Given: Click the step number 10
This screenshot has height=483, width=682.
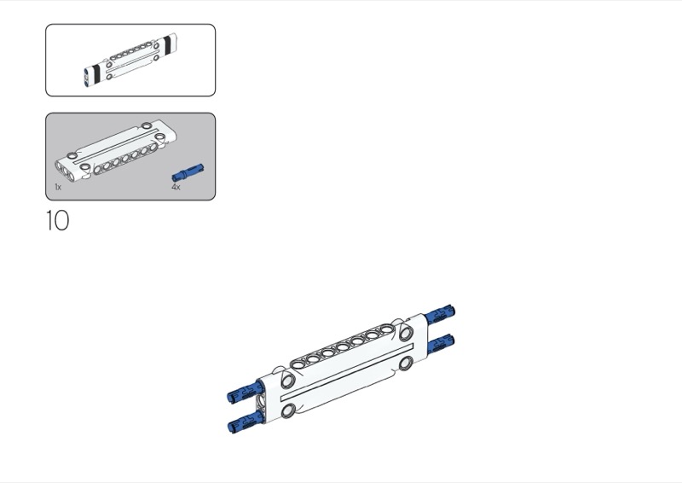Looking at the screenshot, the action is click(x=57, y=220).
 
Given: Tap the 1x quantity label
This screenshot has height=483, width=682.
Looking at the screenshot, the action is click(x=58, y=187).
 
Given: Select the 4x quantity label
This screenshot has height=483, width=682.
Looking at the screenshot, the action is click(x=176, y=187).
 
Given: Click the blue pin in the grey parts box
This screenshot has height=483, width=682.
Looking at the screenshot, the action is click(x=188, y=172).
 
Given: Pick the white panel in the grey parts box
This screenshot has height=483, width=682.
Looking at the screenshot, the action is click(x=116, y=149).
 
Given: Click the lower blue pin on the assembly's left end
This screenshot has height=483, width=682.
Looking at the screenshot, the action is click(x=245, y=422).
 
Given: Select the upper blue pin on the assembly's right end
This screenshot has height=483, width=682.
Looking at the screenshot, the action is click(x=441, y=316).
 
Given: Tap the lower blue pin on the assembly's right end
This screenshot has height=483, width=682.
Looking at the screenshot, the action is click(x=441, y=344).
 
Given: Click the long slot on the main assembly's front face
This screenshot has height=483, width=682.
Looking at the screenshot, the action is click(x=347, y=372).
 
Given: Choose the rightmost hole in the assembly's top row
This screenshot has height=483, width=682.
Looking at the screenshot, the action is click(x=386, y=329).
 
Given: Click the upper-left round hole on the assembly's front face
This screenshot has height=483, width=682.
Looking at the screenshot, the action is click(x=287, y=381).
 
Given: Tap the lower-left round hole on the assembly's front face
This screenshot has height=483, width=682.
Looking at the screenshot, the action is click(x=288, y=410).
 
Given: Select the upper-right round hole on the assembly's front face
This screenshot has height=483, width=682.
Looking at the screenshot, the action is click(x=406, y=333).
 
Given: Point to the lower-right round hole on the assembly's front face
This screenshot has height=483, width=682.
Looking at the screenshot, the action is click(x=406, y=363).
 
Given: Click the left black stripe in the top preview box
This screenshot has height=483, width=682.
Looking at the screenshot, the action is click(x=96, y=73).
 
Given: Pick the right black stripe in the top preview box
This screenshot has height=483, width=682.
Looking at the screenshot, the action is click(x=167, y=45).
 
